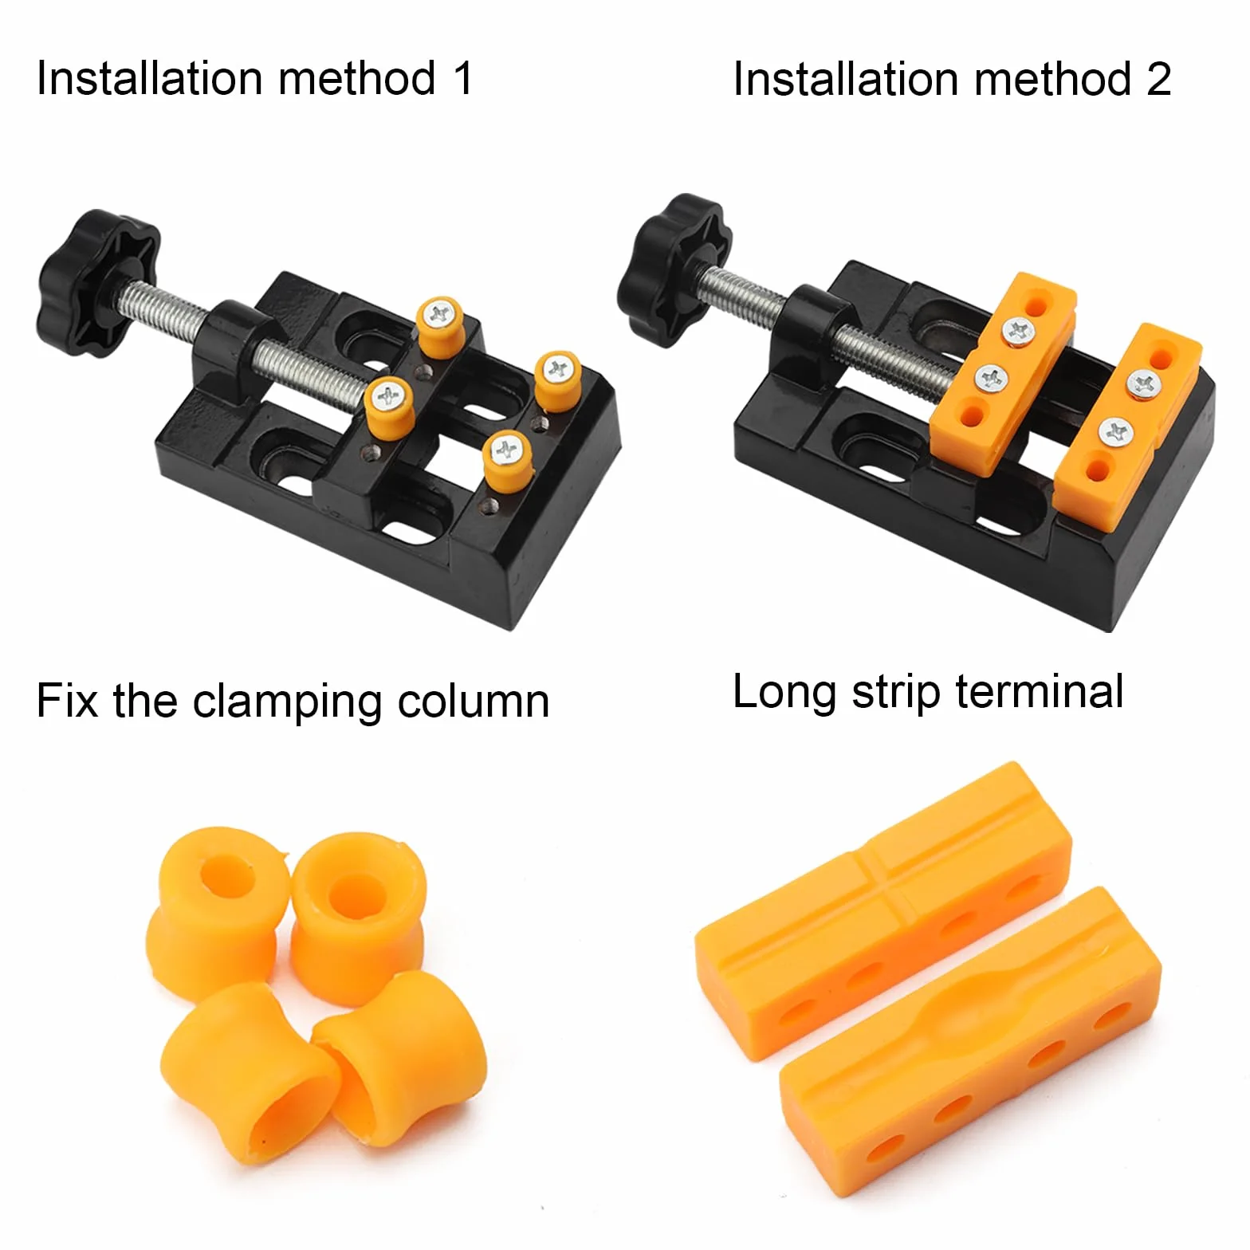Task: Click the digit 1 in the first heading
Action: (x=463, y=79)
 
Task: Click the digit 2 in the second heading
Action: (x=1159, y=80)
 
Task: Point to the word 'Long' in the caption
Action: (x=784, y=694)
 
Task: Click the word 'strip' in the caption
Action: (x=895, y=693)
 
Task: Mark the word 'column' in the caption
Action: (x=474, y=702)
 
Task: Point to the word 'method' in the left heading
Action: (x=357, y=79)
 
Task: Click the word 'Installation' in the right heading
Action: (x=846, y=80)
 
